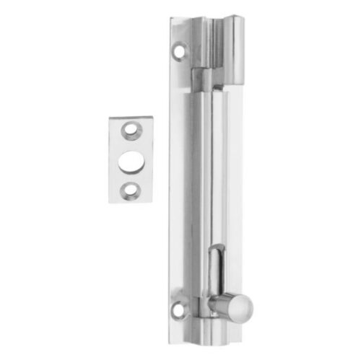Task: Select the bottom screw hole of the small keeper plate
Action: (130, 189)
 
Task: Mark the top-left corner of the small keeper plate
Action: (110, 117)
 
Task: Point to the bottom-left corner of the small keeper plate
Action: (110, 203)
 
